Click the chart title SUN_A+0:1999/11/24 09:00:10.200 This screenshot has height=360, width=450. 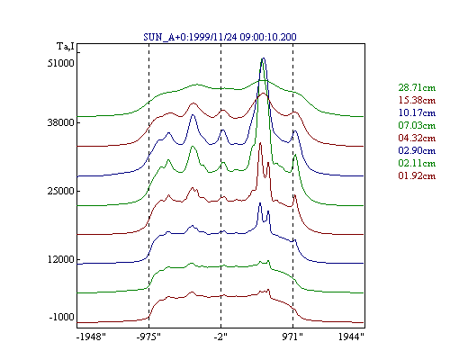click(220, 37)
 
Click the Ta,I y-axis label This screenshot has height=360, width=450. click(66, 46)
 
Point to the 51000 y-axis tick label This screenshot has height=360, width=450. click(60, 63)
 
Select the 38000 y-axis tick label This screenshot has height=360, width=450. click(60, 122)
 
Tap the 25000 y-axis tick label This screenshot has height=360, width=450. click(60, 191)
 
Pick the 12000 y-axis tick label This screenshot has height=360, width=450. click(60, 259)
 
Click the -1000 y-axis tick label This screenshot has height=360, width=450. click(61, 317)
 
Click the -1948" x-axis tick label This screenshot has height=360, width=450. click(91, 337)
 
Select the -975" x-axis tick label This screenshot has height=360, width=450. click(148, 337)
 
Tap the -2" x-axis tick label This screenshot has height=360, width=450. click(220, 337)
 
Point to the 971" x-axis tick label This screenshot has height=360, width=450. click(292, 337)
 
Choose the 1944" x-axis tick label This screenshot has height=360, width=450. click(351, 337)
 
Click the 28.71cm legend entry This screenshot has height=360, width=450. click(417, 87)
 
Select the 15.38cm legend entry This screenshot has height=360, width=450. click(417, 100)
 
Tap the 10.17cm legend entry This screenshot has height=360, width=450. click(417, 112)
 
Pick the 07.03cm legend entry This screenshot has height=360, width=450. click(417, 125)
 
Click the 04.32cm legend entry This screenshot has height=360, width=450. click(417, 138)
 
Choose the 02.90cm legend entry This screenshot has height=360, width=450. click(417, 150)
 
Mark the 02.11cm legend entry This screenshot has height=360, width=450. click(417, 163)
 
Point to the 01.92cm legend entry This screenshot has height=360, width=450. click(417, 175)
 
